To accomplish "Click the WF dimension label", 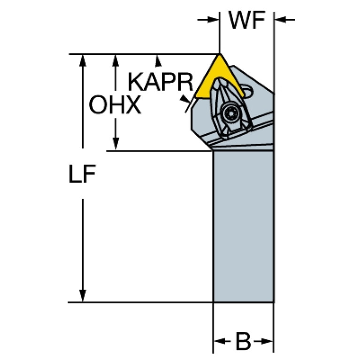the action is pos(247,20).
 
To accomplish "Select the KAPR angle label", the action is pos(161,82).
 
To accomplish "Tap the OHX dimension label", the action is pos(115,105).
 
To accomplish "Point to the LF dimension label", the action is pos(82,174).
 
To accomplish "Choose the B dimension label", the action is pos(244,341).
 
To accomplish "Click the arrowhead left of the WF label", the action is pos(213,20).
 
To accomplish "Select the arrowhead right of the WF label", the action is pos(280,20).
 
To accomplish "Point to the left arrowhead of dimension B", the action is pos(220,341).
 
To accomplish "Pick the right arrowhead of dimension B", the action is pos(267,341).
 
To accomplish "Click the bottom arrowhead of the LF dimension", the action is pos(83,296).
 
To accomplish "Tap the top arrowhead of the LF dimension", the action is pos(83,61).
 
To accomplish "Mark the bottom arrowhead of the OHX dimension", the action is pos(116,144).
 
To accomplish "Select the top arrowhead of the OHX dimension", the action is pos(116,61).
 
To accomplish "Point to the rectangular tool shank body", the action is pos(244,226).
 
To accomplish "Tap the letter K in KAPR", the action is pos(136,82).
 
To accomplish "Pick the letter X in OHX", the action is pos(133,105).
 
